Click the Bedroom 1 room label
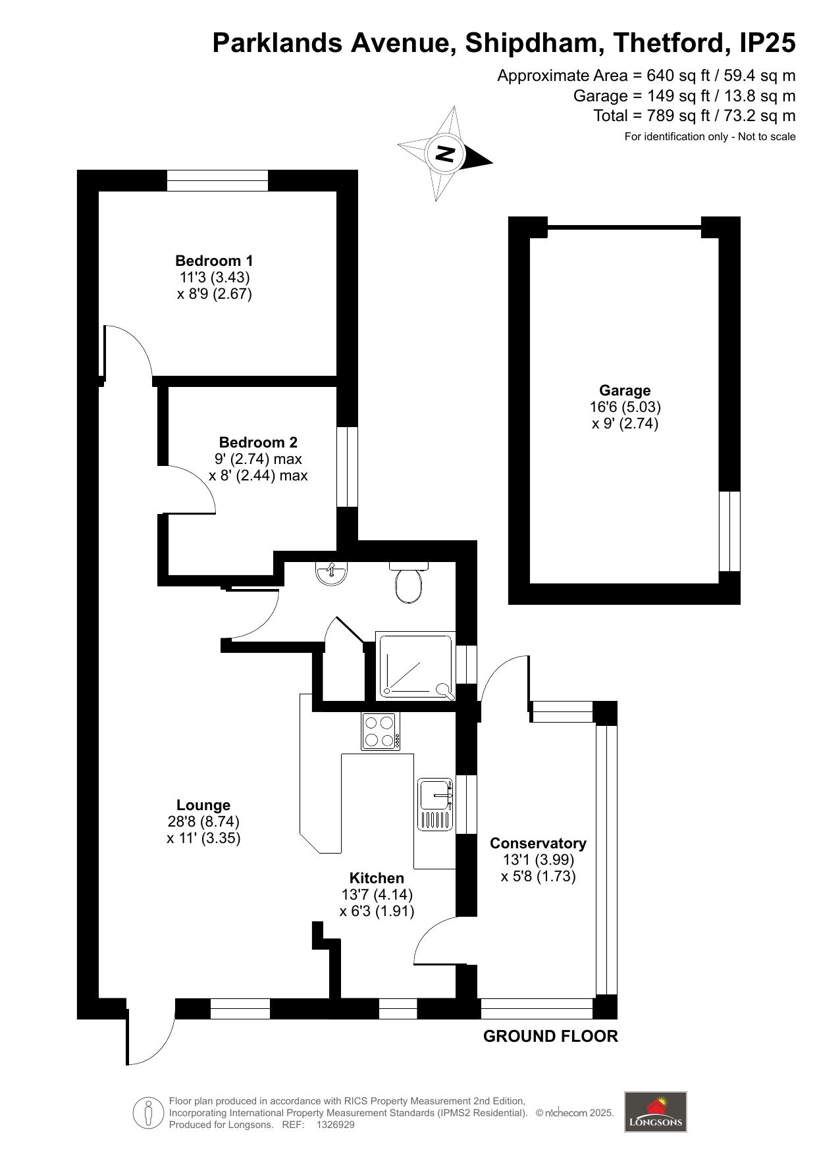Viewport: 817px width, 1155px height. (214, 261)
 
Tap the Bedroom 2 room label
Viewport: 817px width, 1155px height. (258, 442)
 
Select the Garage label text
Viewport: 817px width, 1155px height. (625, 391)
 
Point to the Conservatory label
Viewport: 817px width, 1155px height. (538, 844)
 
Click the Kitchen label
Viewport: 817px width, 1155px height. (377, 878)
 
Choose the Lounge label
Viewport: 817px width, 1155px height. (203, 805)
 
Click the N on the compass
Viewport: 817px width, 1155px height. (446, 154)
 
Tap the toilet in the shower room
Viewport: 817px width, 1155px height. (409, 582)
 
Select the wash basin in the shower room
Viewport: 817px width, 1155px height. (332, 573)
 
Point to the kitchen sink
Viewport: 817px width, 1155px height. (436, 804)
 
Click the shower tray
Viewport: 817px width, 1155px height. (415, 665)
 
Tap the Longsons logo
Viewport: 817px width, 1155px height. (656, 1112)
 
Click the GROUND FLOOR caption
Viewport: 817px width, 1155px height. (550, 1037)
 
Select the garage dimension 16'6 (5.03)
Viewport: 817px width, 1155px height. (625, 407)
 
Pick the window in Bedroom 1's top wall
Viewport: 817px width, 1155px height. (217, 180)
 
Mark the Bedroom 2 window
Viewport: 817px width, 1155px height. (347, 467)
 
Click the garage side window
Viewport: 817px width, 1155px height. (729, 531)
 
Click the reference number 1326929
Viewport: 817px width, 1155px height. (336, 1125)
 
